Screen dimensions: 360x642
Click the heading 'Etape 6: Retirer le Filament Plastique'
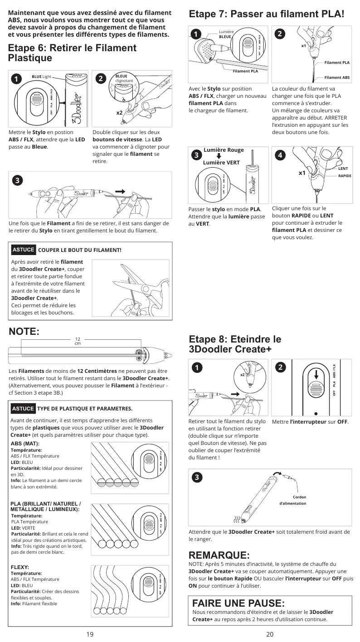[x=72, y=53]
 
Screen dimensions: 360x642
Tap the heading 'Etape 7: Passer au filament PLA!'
[x=267, y=14]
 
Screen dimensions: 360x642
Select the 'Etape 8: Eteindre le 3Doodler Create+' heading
[x=235, y=344]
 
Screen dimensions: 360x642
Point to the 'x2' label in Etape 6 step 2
[x=120, y=112]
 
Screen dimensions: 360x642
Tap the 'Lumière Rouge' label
[x=224, y=150]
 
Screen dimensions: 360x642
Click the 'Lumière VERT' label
[x=221, y=162]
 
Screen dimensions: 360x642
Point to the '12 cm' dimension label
[x=78, y=341]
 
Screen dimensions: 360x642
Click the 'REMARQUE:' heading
[x=219, y=555]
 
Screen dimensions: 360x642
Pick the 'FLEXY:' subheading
[x=19, y=567]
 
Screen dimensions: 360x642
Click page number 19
[x=90, y=634]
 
